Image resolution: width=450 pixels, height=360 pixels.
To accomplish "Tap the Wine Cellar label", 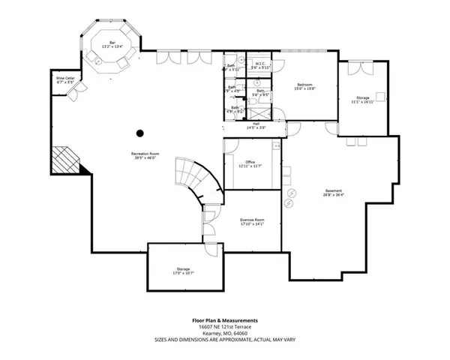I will point(64,79).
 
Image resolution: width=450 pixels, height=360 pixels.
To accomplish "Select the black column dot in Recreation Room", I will point(139,134).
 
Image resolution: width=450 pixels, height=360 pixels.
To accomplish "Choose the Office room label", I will point(249,163).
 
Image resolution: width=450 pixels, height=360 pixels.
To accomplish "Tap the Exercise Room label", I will point(252,220).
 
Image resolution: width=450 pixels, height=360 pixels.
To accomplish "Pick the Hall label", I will point(256,125).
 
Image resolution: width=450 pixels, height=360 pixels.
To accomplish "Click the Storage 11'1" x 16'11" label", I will point(363,99).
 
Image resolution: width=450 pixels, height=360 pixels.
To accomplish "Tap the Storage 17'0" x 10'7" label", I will point(184,270).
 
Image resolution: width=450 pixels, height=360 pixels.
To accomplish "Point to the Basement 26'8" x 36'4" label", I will point(334,191).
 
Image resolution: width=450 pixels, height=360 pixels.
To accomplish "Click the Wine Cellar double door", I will point(72,94).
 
